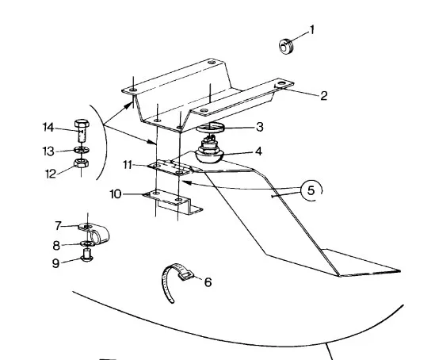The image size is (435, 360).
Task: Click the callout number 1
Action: pos(312,30)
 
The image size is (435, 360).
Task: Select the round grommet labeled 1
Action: pos(286,47)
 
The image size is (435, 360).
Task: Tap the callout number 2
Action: pos(323,96)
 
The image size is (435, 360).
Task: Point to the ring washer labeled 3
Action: pos(210,128)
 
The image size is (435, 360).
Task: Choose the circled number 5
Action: pos(311,190)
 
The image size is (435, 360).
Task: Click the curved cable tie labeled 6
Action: pos(175,281)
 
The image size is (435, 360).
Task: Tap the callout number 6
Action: pos(208,282)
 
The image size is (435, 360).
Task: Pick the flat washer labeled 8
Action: pos(86,243)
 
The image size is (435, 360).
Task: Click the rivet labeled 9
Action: pos(87,255)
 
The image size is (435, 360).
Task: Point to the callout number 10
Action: pos(116,194)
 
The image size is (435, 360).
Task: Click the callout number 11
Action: pos(128,165)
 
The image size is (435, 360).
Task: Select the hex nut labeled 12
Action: pos(82,163)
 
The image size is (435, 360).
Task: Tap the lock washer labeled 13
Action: pos(82,150)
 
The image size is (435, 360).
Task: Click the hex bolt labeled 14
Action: pos(82,131)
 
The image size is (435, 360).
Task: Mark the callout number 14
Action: pos(48,128)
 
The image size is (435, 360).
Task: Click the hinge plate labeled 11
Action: pos(170,167)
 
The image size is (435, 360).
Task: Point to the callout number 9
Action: pos(55,263)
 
